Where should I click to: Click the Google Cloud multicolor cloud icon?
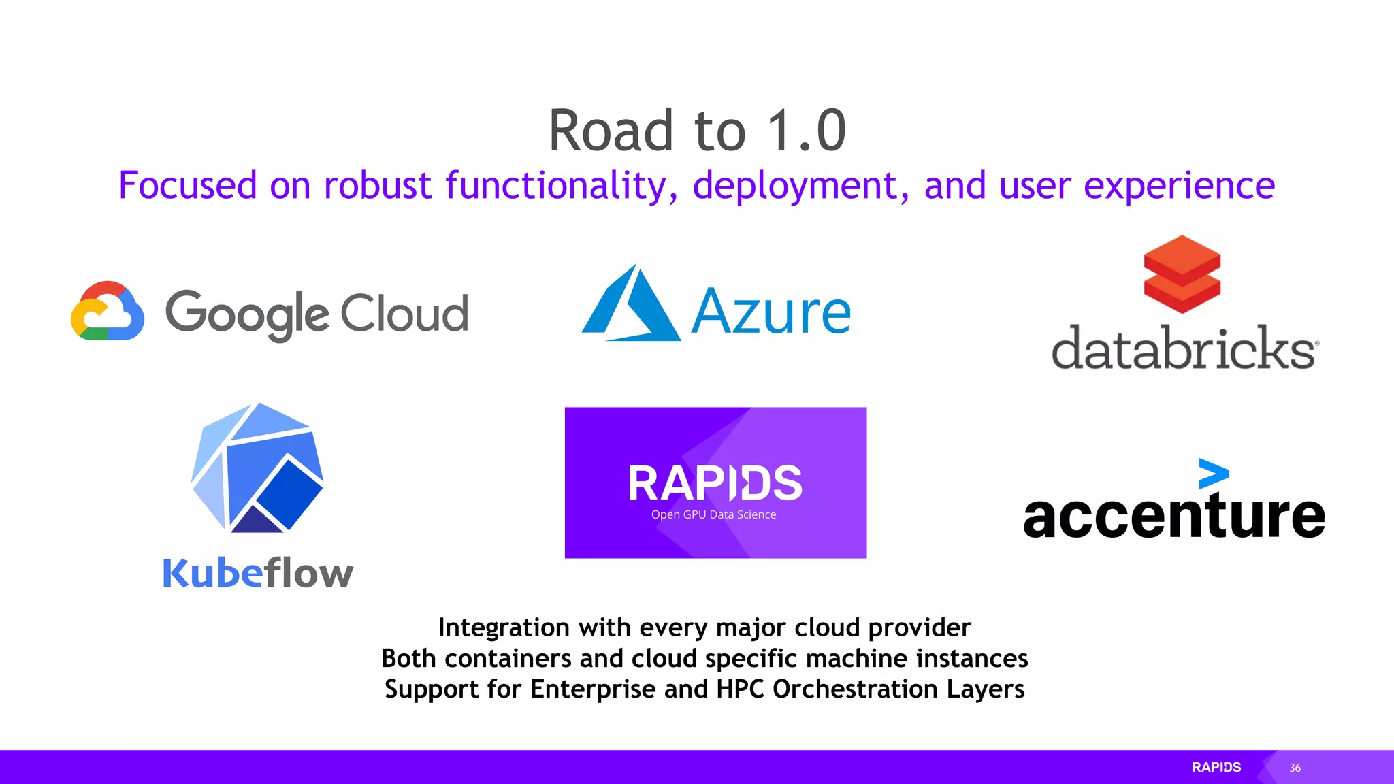point(108,311)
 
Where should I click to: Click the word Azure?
point(771,312)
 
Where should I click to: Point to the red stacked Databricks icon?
point(1182,274)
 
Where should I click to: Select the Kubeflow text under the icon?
point(258,573)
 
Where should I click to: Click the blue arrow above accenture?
point(1213,473)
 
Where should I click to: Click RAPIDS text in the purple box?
point(715,483)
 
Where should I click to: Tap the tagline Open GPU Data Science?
point(713,515)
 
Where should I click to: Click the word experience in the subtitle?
point(1179,186)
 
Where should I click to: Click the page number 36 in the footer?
point(1295,768)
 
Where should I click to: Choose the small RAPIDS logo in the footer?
point(1216,767)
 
